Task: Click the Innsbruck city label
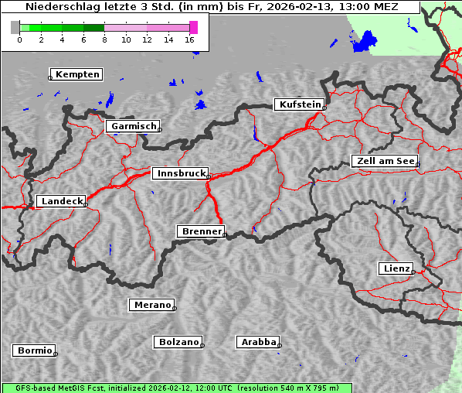(x=179, y=174)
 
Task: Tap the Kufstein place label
(x=298, y=104)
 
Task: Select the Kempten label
(x=76, y=74)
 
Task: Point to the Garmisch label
(x=133, y=126)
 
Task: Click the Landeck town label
(x=61, y=201)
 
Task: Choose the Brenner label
(x=201, y=231)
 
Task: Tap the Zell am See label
(x=385, y=161)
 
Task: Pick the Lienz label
(x=396, y=268)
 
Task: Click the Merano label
(x=151, y=305)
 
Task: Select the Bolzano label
(x=178, y=342)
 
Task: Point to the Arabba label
(x=258, y=342)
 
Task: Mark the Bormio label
(x=35, y=350)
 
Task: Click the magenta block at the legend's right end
(x=193, y=27)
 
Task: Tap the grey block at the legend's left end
(x=15, y=27)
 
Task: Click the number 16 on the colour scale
(x=190, y=39)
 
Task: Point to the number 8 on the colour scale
(x=104, y=39)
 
